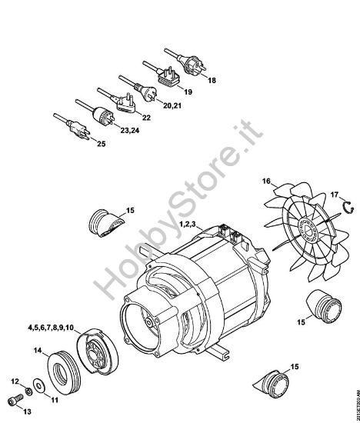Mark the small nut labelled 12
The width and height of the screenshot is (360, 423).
[x=26, y=391]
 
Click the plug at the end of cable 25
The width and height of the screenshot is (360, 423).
[x=78, y=128]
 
